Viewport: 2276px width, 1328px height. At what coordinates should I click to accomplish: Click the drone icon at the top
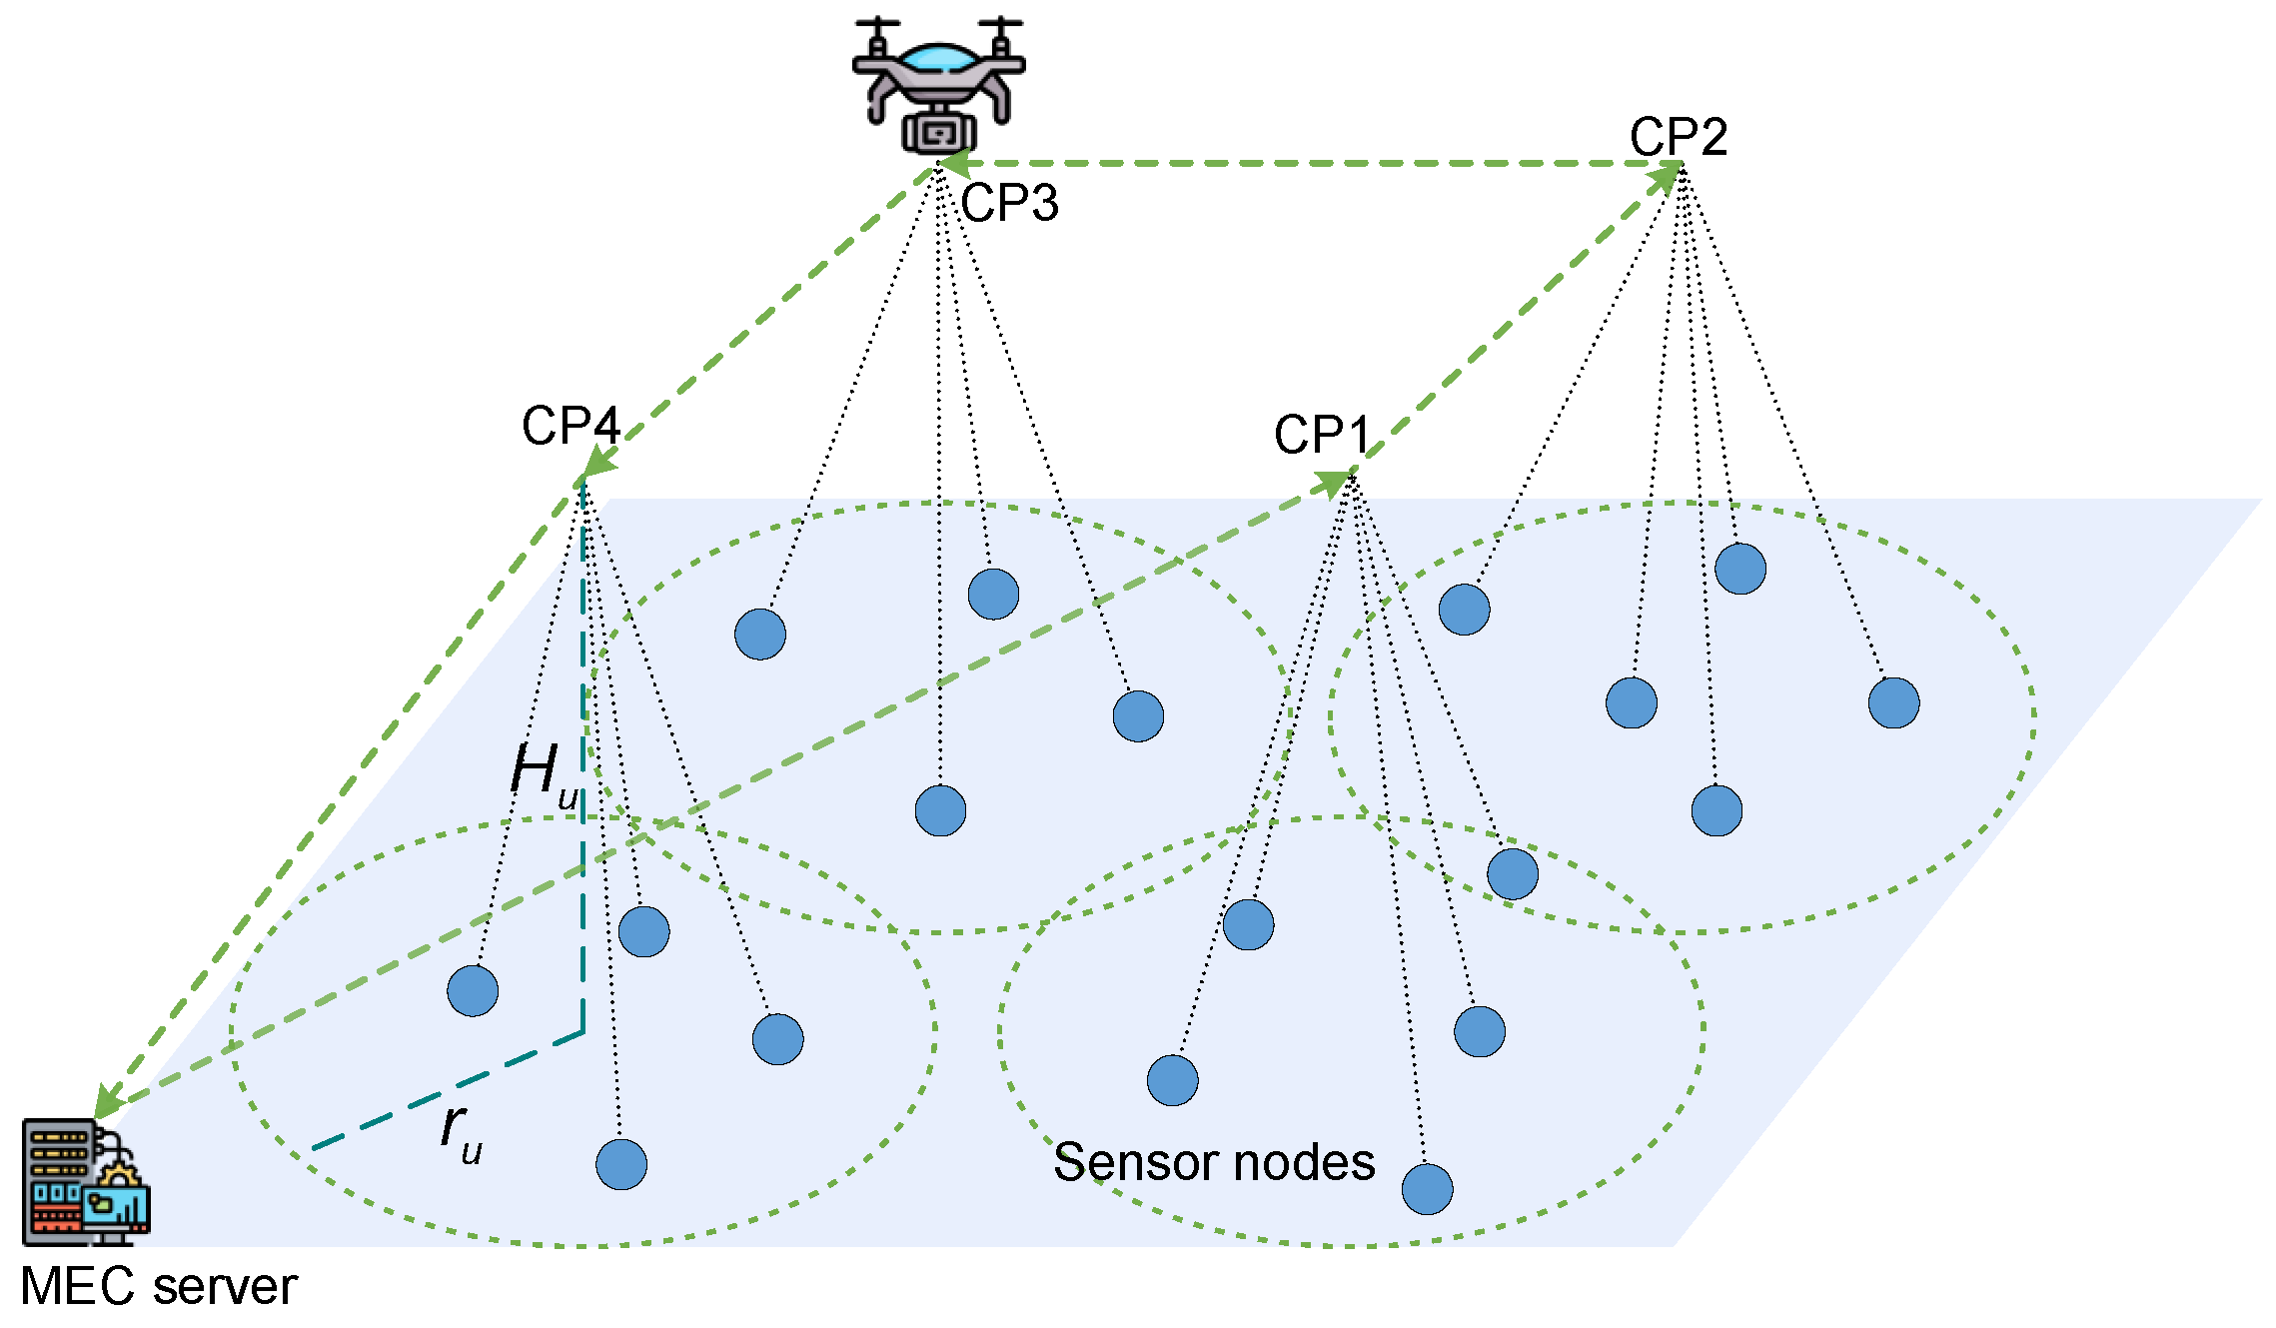938,84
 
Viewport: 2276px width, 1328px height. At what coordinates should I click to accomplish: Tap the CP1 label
1321,435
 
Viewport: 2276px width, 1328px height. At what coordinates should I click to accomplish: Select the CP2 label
1678,137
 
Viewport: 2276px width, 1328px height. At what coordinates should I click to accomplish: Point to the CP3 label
1009,203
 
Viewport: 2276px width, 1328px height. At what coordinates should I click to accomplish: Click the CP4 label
570,427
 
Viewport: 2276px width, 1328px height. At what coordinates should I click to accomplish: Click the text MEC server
158,1286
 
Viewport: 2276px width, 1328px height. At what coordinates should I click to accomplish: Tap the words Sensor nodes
1213,1162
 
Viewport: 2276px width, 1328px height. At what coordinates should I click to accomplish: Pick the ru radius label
461,1132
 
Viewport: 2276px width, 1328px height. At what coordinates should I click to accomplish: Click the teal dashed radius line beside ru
450,1089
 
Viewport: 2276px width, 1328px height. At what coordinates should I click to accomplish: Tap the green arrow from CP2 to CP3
1299,163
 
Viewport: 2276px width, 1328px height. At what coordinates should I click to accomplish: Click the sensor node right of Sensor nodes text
1427,1189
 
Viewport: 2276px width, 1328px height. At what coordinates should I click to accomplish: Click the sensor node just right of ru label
620,1164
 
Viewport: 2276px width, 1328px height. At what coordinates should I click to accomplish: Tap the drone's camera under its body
938,132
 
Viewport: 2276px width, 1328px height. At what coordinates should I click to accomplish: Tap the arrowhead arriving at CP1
1333,485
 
